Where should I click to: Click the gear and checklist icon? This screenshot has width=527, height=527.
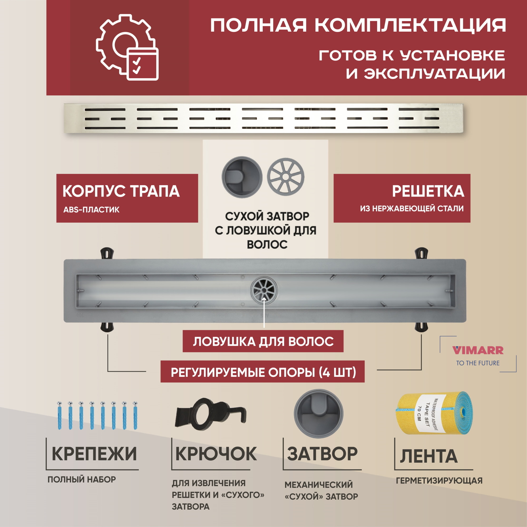point(127,48)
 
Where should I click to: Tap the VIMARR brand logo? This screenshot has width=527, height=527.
point(478,350)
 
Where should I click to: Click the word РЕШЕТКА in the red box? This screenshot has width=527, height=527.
point(428,191)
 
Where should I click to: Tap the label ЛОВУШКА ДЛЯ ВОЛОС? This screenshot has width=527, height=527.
point(263,341)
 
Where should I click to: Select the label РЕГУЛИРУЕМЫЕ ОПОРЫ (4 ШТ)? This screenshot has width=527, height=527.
point(263,372)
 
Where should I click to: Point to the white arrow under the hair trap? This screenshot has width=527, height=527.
point(264,312)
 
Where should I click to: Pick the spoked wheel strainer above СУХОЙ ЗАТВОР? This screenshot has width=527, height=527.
point(285,177)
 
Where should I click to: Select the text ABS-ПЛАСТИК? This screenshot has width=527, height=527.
point(91,210)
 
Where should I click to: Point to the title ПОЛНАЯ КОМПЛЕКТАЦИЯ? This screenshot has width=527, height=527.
point(358,25)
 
